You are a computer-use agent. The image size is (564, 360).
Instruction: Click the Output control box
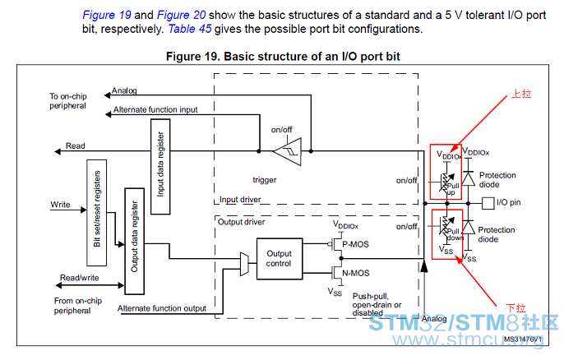point(280,259)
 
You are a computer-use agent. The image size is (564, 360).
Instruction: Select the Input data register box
point(160,167)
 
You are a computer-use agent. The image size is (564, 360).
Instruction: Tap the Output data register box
point(135,241)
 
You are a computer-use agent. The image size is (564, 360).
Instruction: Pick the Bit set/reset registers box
point(97,213)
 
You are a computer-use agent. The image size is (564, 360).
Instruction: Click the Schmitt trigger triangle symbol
point(288,151)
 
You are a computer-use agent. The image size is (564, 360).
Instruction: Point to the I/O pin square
point(488,203)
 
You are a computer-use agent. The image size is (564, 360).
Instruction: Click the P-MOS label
point(355,244)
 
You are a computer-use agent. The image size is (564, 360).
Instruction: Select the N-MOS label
point(356,273)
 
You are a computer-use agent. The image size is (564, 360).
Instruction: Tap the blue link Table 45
point(190,29)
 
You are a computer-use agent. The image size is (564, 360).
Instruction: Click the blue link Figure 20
point(181,15)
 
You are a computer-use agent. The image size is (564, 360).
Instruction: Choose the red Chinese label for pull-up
point(521,94)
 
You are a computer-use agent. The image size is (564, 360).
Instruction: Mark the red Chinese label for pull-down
point(515,308)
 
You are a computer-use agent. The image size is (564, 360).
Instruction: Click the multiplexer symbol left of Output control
point(244,264)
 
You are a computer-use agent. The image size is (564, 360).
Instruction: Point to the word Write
point(61,205)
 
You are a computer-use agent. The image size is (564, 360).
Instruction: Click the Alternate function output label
point(162,308)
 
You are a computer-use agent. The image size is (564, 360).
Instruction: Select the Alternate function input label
point(155,109)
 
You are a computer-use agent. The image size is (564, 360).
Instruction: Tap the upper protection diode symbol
point(468,178)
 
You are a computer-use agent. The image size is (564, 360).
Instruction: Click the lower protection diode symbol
point(468,228)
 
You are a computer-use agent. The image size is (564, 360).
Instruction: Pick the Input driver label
point(240,200)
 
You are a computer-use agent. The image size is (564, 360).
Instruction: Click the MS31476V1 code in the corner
point(523,339)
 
